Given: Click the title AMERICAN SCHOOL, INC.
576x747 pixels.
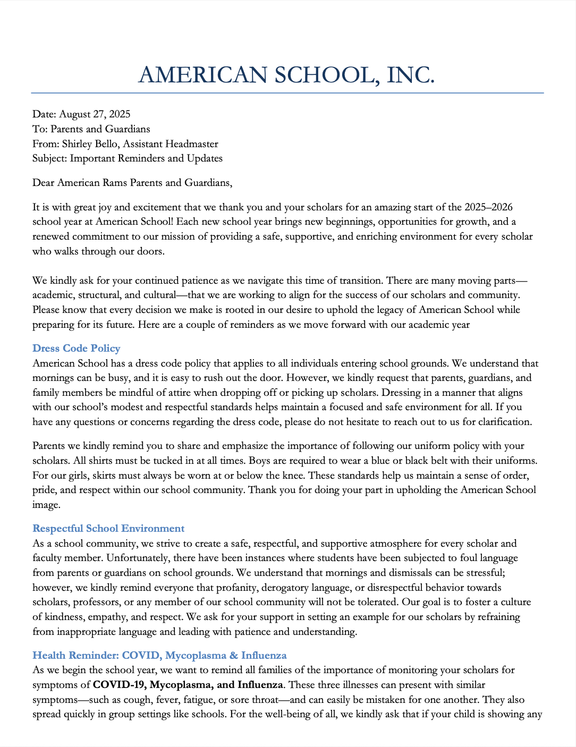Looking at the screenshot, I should point(286,75).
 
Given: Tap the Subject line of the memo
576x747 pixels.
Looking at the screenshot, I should point(128,158).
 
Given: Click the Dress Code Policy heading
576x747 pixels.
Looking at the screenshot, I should point(77,349).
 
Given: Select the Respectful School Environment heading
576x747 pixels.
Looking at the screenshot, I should point(108,529).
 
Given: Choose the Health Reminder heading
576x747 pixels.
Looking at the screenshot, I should point(159,656).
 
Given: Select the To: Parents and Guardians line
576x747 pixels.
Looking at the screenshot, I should point(91,129).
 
